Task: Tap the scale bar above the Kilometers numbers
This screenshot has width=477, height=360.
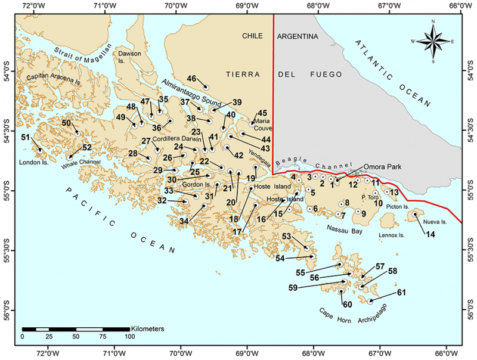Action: pos(76,329)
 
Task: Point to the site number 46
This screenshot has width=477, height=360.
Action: pos(192,79)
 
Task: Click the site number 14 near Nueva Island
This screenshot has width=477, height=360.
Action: pos(430,234)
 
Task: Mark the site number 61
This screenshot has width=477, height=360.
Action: pos(401,292)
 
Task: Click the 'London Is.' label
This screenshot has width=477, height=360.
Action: pos(33,162)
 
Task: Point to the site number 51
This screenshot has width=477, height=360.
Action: pos(25,138)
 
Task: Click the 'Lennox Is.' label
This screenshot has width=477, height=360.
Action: pos(391,235)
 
